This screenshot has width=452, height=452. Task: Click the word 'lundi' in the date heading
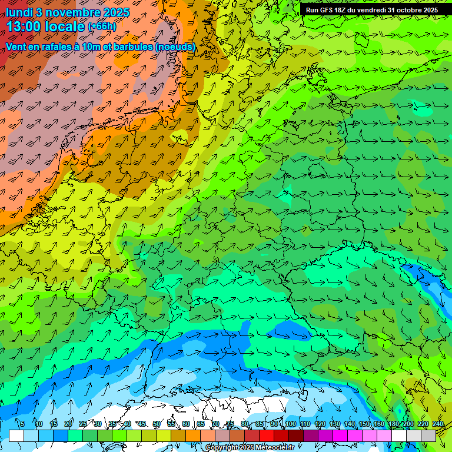pyautogui.click(x=19, y=12)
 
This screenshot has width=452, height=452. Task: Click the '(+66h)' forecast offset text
pyautogui.click(x=102, y=26)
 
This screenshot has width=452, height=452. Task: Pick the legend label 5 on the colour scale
pyautogui.click(x=22, y=424)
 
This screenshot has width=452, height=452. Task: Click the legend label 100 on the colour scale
pyautogui.click(x=290, y=424)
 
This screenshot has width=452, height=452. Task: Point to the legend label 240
pyautogui.click(x=438, y=424)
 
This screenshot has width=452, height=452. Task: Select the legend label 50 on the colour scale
pyautogui.click(x=157, y=424)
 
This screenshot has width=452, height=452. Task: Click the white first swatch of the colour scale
pyautogui.click(x=16, y=436)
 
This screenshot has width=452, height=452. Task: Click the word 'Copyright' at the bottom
pyautogui.click(x=223, y=448)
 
